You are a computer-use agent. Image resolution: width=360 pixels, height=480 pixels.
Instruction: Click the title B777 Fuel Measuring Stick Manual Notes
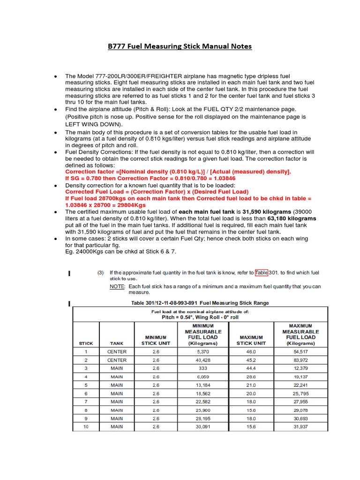tap(180, 46)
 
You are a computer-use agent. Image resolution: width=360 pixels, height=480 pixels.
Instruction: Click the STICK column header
tap(86, 343)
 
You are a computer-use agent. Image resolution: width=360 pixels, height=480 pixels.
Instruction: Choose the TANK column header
tap(117, 343)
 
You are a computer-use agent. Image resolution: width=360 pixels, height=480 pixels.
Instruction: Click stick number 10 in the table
tap(86, 427)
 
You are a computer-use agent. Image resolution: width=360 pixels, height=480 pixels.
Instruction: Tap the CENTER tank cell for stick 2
tap(117, 360)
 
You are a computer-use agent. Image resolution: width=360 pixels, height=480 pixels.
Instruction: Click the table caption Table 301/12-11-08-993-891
tap(199, 303)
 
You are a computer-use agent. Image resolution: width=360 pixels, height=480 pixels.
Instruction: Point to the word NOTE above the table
tap(117, 286)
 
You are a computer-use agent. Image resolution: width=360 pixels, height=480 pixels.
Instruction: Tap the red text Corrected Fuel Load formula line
tap(157, 192)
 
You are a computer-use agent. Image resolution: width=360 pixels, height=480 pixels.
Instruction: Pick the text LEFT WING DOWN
tap(93, 124)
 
